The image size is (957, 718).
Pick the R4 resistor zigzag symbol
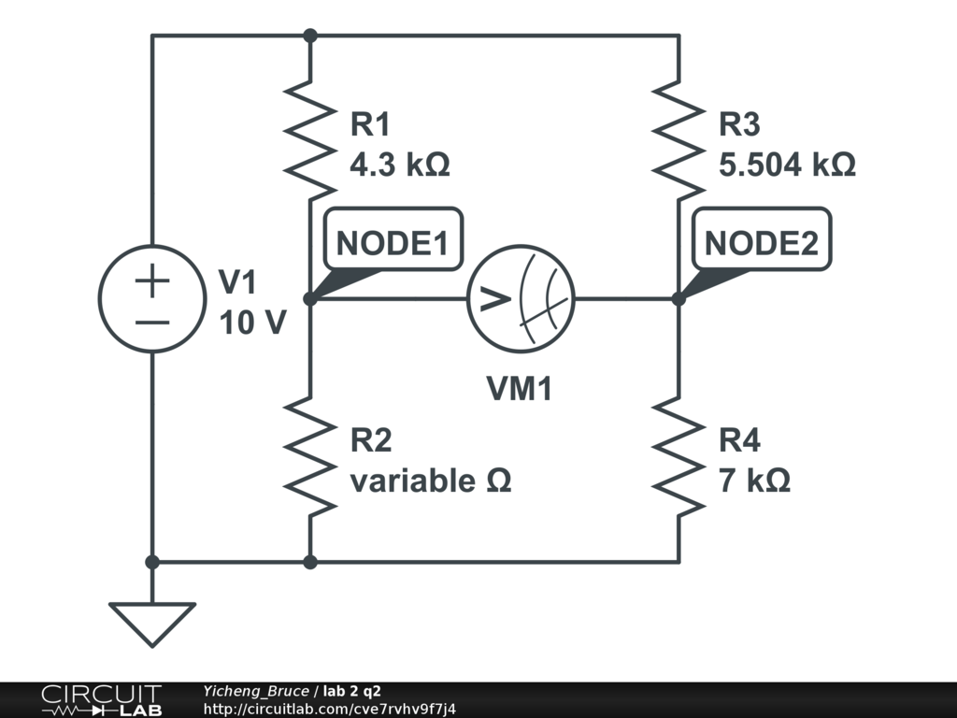[679, 455]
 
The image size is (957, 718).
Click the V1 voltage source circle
[152, 299]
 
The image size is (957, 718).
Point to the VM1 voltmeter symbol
[521, 299]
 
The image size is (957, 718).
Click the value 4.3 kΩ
[399, 165]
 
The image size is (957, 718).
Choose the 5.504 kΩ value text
[787, 165]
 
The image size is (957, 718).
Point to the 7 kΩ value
[754, 481]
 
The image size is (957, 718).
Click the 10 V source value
[252, 323]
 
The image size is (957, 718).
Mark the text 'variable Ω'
[431, 481]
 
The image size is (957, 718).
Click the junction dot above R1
[311, 36]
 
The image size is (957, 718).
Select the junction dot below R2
[311, 562]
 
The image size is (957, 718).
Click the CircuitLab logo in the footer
[101, 700]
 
